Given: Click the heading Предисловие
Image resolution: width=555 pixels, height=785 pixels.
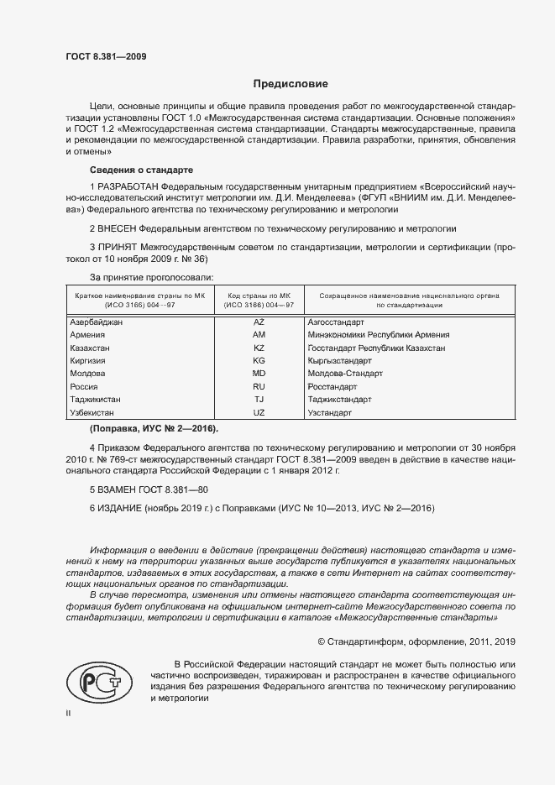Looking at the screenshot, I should click(x=291, y=84).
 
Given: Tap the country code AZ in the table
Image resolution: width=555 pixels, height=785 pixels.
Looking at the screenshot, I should click(x=259, y=322).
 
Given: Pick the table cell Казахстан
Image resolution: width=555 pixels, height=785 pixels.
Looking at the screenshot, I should click(x=92, y=348).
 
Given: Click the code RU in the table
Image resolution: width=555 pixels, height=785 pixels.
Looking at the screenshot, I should click(x=259, y=387).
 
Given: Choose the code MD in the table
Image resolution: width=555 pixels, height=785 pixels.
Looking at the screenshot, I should click(x=259, y=374).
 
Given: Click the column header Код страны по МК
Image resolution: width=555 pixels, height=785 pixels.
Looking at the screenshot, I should click(x=259, y=296).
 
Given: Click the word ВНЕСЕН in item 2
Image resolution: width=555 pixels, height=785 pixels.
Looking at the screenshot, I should click(x=117, y=228).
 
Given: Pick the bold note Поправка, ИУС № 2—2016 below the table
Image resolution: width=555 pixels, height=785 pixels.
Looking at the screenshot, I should click(x=142, y=429).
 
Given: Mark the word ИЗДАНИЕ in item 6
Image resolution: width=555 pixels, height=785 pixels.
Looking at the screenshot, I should click(x=120, y=509).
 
